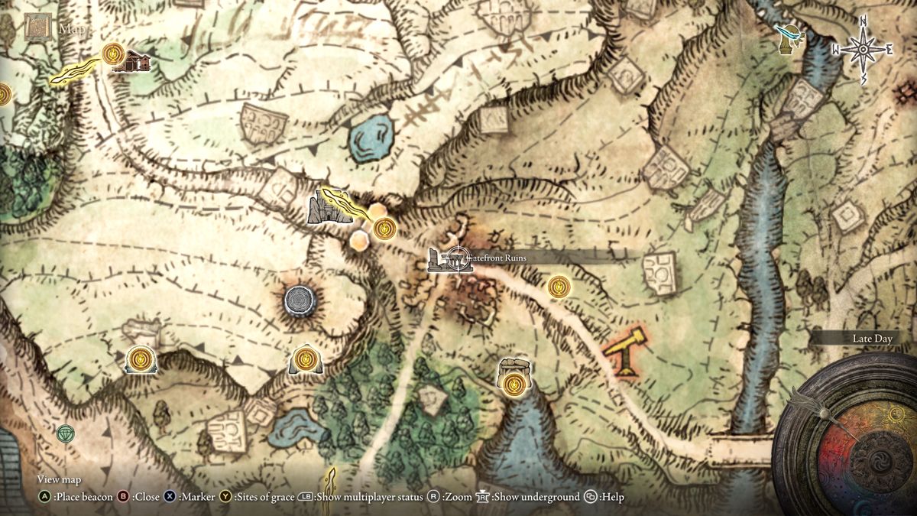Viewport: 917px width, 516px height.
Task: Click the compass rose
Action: [x=863, y=50]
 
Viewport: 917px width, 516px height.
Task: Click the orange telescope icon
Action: [x=624, y=349]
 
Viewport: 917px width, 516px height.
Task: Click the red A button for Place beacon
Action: [x=45, y=497]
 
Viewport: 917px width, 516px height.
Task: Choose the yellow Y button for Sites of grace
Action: [x=226, y=497]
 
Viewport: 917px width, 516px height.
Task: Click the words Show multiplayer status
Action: [x=369, y=497]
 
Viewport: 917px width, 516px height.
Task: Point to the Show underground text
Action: [x=536, y=497]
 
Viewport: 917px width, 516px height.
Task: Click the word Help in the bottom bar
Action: [x=612, y=497]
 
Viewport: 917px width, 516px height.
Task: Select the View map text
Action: [x=59, y=479]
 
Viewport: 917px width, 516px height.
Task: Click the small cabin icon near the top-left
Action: [x=132, y=60]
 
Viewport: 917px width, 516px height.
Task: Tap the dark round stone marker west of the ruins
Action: [x=299, y=300]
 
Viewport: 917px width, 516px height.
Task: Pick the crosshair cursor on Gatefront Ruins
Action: [x=457, y=260]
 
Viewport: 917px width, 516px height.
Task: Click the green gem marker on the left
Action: [x=66, y=433]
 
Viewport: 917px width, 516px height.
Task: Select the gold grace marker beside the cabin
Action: [x=113, y=53]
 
